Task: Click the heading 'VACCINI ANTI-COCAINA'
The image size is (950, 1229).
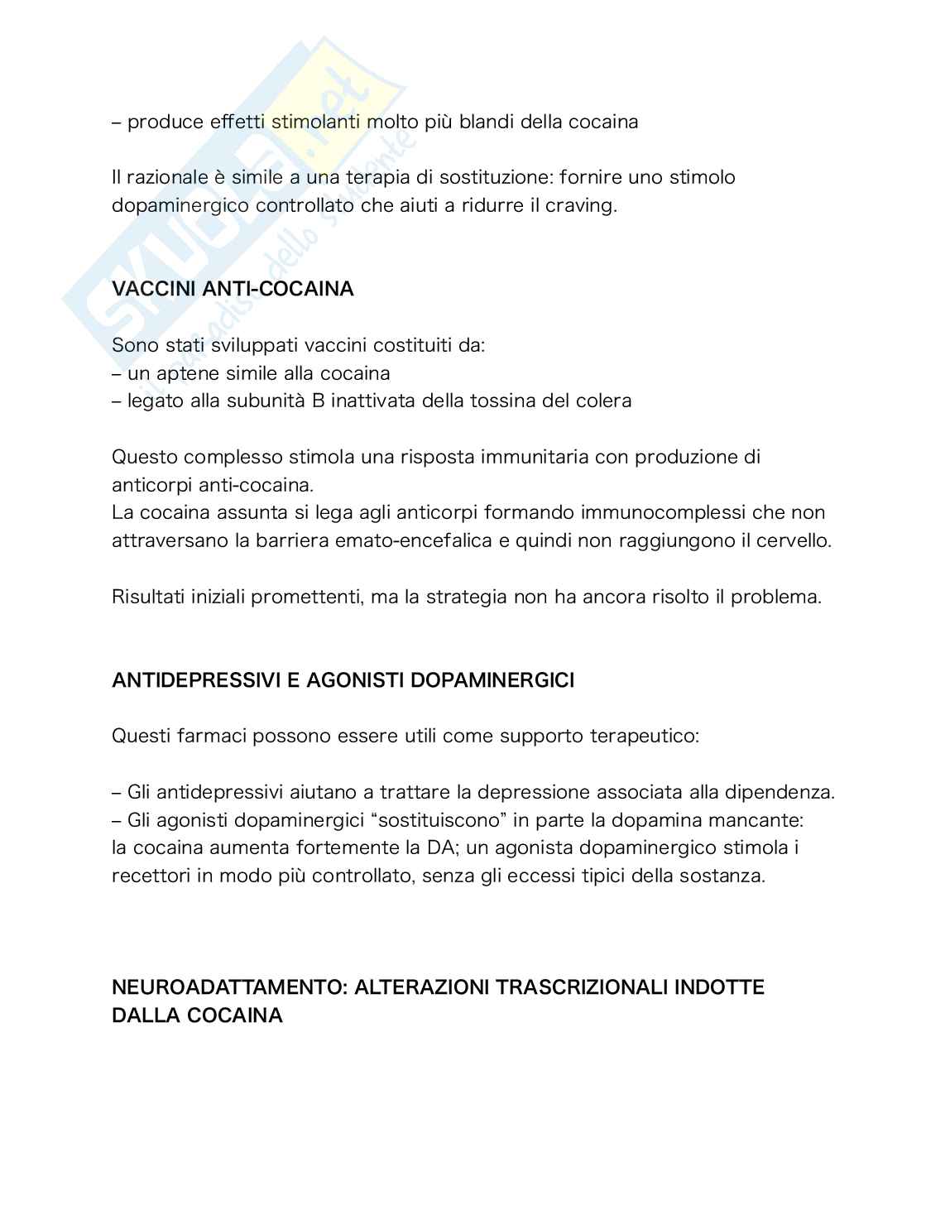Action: click(x=233, y=289)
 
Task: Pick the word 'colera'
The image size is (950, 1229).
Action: click(x=604, y=401)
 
